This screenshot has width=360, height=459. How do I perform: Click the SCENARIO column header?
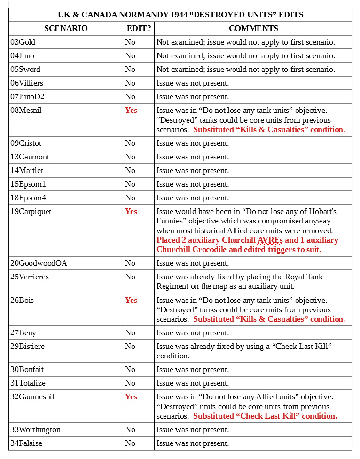(66, 28)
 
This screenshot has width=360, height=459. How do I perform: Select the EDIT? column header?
(139, 28)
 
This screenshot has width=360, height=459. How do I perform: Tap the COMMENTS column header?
(253, 28)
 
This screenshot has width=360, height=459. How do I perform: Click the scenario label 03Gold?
(23, 42)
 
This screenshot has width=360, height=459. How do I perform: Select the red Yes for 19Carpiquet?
(131, 211)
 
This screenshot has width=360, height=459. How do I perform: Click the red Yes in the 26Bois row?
(131, 300)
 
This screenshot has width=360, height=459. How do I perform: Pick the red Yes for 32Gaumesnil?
(131, 396)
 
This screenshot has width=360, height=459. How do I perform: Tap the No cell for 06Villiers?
(130, 83)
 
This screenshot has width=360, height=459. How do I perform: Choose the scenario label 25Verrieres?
(30, 277)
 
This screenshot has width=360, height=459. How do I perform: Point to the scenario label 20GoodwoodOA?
(39, 263)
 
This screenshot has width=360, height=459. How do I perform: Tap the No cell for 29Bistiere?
(130, 346)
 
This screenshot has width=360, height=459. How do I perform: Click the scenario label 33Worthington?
(35, 429)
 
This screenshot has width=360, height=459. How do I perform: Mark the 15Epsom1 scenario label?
(28, 184)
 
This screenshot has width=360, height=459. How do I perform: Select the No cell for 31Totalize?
(130, 383)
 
